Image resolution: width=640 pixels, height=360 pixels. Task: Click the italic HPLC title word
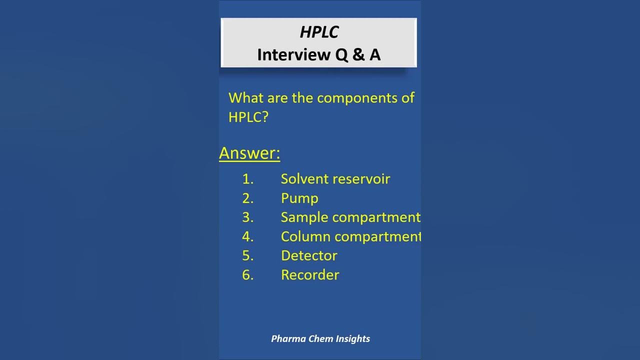[319, 32]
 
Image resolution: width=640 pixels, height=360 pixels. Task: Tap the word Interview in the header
[293, 55]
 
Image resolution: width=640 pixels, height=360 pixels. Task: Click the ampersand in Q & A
[358, 55]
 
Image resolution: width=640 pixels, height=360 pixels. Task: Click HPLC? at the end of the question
[248, 117]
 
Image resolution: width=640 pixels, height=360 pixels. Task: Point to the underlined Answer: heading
[249, 153]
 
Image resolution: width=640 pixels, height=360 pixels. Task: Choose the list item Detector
[309, 256]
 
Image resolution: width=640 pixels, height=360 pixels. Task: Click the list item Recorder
[310, 275]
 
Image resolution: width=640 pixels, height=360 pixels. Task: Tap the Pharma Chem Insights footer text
[320, 338]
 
